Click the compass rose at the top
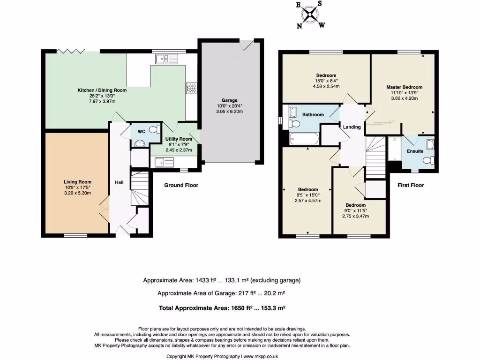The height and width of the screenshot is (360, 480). [311, 15]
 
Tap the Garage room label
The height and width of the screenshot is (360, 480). [229, 100]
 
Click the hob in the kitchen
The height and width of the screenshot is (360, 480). [191, 89]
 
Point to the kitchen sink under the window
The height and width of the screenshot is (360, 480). [166, 59]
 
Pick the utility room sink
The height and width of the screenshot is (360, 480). [164, 163]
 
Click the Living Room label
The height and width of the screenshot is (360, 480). [77, 182]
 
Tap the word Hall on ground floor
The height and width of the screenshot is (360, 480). [119, 182]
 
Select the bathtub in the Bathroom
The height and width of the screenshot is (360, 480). [304, 139]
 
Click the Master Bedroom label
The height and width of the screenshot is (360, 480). [404, 87]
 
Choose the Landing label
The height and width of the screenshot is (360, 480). [352, 127]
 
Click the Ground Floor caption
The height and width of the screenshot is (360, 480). [181, 185]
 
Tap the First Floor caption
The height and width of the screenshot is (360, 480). [411, 185]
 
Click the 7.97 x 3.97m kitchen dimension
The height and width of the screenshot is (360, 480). [102, 101]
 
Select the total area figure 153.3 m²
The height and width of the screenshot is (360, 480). [273, 308]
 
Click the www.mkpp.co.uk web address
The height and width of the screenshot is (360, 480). [261, 356]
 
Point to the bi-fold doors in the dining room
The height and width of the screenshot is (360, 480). [71, 51]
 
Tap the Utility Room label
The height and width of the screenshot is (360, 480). [179, 139]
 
